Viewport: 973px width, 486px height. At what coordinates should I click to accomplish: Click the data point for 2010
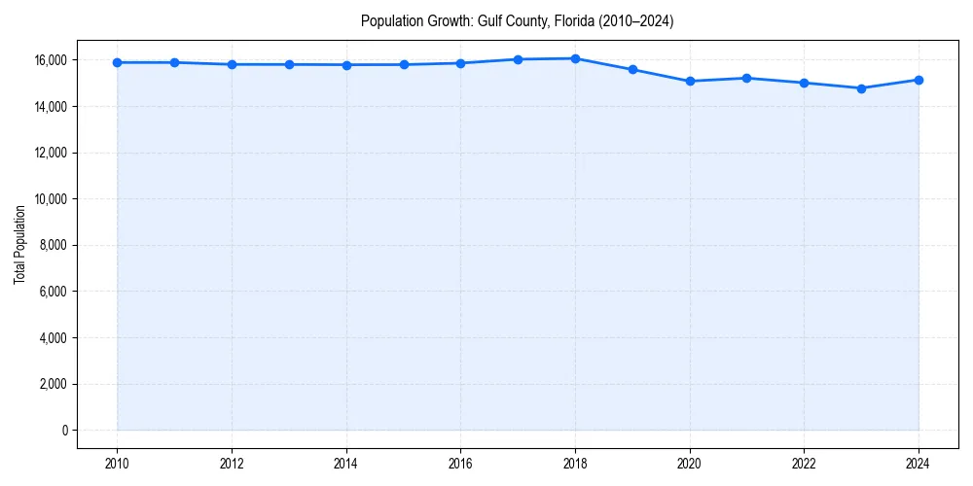pyautogui.click(x=117, y=62)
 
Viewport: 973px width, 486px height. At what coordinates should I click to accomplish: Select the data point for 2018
pyautogui.click(x=575, y=58)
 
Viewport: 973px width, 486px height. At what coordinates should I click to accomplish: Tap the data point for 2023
pyautogui.click(x=861, y=88)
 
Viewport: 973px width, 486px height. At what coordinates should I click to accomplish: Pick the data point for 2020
pyautogui.click(x=690, y=81)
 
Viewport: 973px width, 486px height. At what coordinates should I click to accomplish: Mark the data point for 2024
pyautogui.click(x=919, y=80)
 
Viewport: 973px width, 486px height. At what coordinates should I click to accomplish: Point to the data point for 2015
pyautogui.click(x=404, y=64)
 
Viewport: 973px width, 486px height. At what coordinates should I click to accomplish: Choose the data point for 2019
pyautogui.click(x=632, y=70)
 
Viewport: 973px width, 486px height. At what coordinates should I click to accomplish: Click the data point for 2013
pyautogui.click(x=289, y=64)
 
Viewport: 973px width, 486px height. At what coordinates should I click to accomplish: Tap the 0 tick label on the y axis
pyautogui.click(x=65, y=431)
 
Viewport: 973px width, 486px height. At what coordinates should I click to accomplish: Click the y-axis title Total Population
pyautogui.click(x=19, y=245)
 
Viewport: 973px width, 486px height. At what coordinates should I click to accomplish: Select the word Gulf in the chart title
pyautogui.click(x=489, y=20)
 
